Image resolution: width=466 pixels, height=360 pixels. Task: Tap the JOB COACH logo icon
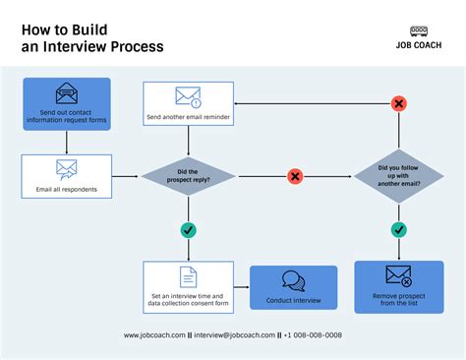tap(419, 31)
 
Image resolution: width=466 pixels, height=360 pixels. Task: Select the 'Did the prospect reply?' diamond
tap(188, 176)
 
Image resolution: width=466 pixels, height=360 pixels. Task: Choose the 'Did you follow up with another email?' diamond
tap(398, 176)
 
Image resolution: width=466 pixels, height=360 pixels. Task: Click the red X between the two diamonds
tap(294, 176)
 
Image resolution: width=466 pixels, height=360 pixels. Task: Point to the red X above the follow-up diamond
tap(398, 103)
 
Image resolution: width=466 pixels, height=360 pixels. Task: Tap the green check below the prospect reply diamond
tap(188, 230)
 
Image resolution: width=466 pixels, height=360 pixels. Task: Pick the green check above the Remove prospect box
tap(398, 230)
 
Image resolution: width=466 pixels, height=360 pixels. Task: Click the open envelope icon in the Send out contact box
tap(66, 95)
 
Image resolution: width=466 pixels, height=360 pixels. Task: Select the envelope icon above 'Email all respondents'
tap(66, 168)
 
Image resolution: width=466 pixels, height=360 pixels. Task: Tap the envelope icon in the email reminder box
tap(188, 96)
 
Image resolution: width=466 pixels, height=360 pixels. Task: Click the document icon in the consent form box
tap(188, 277)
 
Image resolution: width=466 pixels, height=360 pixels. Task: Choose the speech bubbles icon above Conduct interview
tap(293, 280)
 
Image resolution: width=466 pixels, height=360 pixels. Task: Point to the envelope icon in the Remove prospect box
tap(398, 276)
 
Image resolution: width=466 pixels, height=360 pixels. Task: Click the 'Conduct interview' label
tap(293, 300)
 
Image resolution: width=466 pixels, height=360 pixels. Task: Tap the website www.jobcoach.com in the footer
tap(154, 335)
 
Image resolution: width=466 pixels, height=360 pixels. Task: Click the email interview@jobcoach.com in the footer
tap(236, 335)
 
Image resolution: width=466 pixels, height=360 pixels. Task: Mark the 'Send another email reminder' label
tap(188, 117)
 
